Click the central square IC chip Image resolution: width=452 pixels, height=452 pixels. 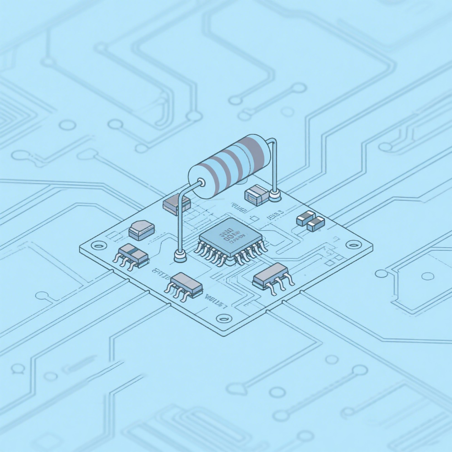click(230, 237)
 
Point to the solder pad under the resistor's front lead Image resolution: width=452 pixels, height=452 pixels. click(179, 257)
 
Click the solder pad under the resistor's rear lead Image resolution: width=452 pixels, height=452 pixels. click(274, 195)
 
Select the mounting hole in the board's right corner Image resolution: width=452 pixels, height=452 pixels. click(351, 244)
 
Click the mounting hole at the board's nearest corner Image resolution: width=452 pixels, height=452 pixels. click(221, 318)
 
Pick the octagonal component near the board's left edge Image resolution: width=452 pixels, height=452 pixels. click(141, 230)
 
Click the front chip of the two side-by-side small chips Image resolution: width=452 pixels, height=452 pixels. click(315, 223)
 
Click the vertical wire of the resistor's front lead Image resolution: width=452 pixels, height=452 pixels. click(179, 226)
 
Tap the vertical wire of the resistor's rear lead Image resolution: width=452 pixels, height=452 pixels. click(274, 167)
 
